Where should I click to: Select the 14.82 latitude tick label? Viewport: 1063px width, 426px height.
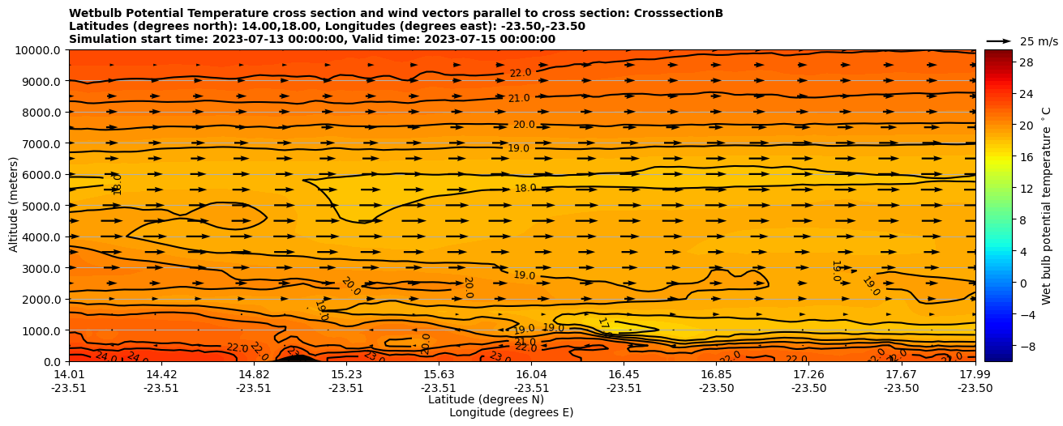pyautogui.click(x=254, y=374)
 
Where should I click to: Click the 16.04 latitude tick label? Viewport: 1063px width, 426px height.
pyautogui.click(x=531, y=374)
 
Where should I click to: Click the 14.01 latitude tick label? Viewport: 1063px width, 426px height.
pyautogui.click(x=69, y=374)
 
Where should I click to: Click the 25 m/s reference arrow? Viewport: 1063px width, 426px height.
pyautogui.click(x=998, y=41)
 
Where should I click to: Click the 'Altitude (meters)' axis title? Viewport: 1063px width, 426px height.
pyautogui.click(x=14, y=206)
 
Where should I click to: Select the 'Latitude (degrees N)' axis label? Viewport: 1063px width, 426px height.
pyautogui.click(x=486, y=399)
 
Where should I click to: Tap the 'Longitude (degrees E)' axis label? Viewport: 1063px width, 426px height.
pyautogui.click(x=511, y=412)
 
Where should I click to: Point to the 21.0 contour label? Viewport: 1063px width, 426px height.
pyautogui.click(x=519, y=99)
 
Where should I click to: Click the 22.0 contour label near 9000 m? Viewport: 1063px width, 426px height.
pyautogui.click(x=520, y=73)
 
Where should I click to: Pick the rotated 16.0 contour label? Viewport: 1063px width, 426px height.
pyautogui.click(x=118, y=184)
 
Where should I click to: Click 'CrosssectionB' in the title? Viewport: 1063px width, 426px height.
pyautogui.click(x=675, y=13)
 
